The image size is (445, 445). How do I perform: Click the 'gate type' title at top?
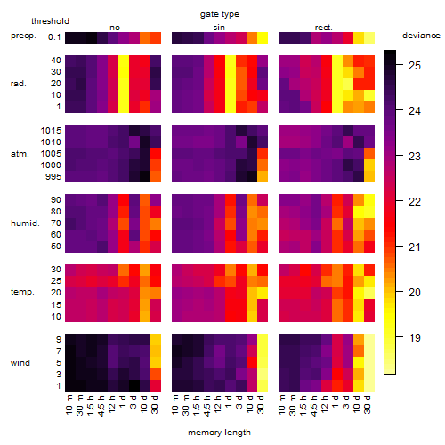(220, 14)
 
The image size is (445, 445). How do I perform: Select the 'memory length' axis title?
(219, 433)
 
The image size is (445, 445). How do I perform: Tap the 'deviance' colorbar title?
(421, 36)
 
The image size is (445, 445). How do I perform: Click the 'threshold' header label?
(50, 21)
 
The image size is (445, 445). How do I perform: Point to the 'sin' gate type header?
(219, 28)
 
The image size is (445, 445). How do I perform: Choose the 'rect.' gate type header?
(323, 28)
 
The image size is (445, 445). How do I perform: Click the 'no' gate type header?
(115, 28)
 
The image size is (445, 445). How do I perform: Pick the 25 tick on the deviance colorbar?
(415, 65)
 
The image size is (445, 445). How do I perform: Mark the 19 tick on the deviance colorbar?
(415, 337)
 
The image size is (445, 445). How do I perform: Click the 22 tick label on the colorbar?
(415, 202)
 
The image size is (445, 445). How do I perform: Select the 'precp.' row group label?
(23, 36)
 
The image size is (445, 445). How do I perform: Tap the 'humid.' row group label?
(25, 222)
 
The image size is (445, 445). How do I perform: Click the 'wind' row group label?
(20, 363)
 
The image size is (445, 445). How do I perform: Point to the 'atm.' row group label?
(20, 154)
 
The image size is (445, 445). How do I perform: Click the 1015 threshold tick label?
(51, 130)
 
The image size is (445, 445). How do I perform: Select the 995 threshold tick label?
(53, 176)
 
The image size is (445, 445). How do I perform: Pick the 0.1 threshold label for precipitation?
(54, 37)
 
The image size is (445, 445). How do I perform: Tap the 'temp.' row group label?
(22, 292)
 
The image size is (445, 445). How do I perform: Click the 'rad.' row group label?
(19, 84)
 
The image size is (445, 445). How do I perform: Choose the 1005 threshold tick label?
(51, 153)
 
